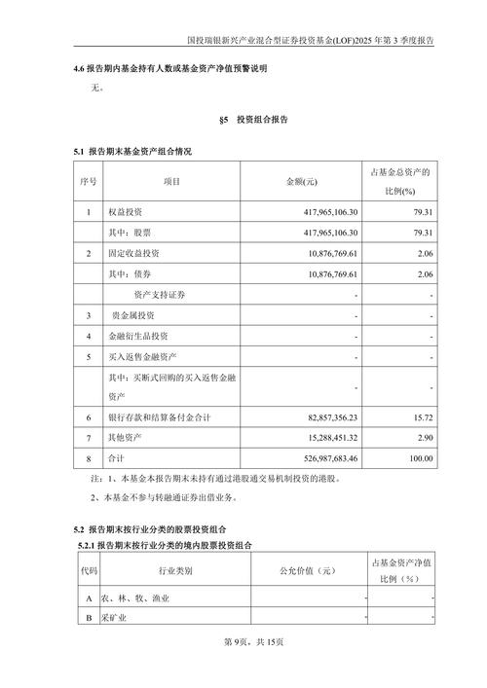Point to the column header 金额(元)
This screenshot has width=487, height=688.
pos(302,182)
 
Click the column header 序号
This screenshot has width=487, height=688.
pos(89,182)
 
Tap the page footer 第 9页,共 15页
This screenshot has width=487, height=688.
pos(243,642)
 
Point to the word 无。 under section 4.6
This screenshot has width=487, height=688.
pos(95,89)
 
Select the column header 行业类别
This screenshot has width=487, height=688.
pos(175,571)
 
